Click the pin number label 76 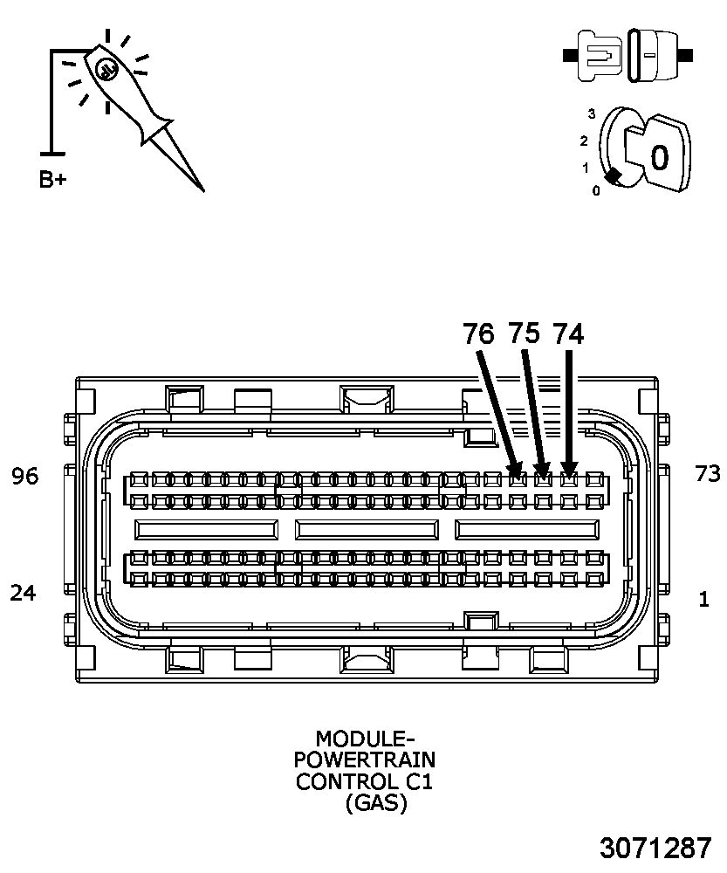click(478, 333)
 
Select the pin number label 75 click(524, 333)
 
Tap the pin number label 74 click(568, 333)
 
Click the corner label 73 click(707, 474)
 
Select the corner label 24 click(24, 593)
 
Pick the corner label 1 click(703, 600)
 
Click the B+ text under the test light click(52, 180)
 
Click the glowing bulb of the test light click(106, 69)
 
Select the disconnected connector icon click(628, 55)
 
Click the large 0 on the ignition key click(659, 158)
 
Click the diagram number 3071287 click(655, 848)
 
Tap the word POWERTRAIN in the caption click(364, 760)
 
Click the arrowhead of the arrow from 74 click(569, 472)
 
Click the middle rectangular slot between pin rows click(367, 529)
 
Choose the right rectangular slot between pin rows click(527, 529)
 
